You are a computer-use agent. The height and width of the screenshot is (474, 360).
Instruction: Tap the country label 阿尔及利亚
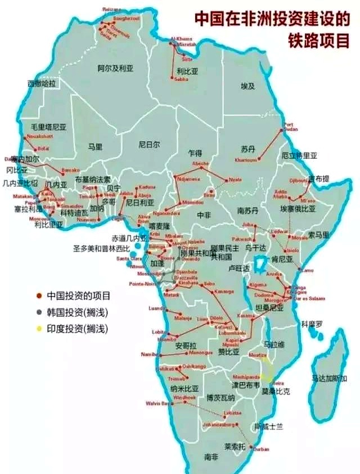tap(115, 68)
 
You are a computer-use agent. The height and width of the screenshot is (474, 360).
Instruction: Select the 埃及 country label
tap(248, 86)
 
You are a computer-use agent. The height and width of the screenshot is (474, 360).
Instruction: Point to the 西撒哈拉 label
tap(42, 83)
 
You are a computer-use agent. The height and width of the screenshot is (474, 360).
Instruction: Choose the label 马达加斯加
tap(330, 378)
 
